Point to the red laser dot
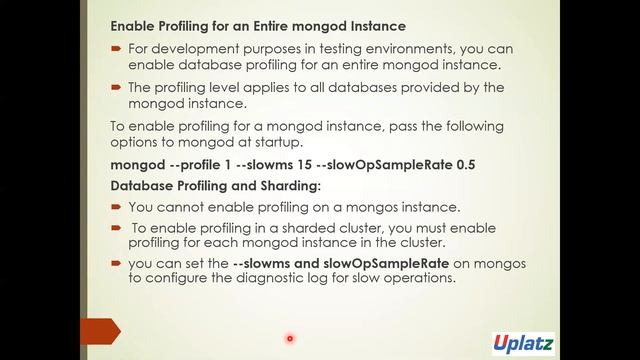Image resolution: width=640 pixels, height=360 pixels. (290, 338)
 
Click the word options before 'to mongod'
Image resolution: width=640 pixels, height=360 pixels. (136, 144)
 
